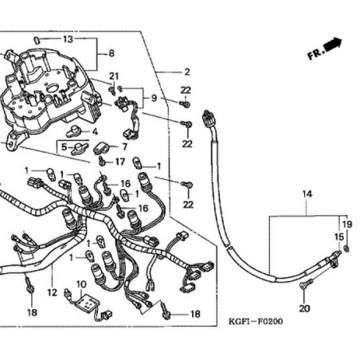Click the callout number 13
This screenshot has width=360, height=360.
tap(68, 38)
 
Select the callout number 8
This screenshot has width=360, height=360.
tap(111, 53)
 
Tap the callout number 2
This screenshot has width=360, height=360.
tap(186, 72)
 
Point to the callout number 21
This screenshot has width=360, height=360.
tap(114, 76)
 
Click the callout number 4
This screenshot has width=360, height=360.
tap(94, 131)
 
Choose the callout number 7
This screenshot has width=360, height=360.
tap(123, 147)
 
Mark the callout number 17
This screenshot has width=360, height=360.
tap(120, 162)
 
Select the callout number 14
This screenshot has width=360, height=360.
tap(307, 194)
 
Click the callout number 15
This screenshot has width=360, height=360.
tap(338, 237)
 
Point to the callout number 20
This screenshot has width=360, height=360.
tap(303, 308)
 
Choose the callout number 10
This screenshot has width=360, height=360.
tap(80, 284)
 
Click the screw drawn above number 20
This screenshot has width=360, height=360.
tap(304, 285)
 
